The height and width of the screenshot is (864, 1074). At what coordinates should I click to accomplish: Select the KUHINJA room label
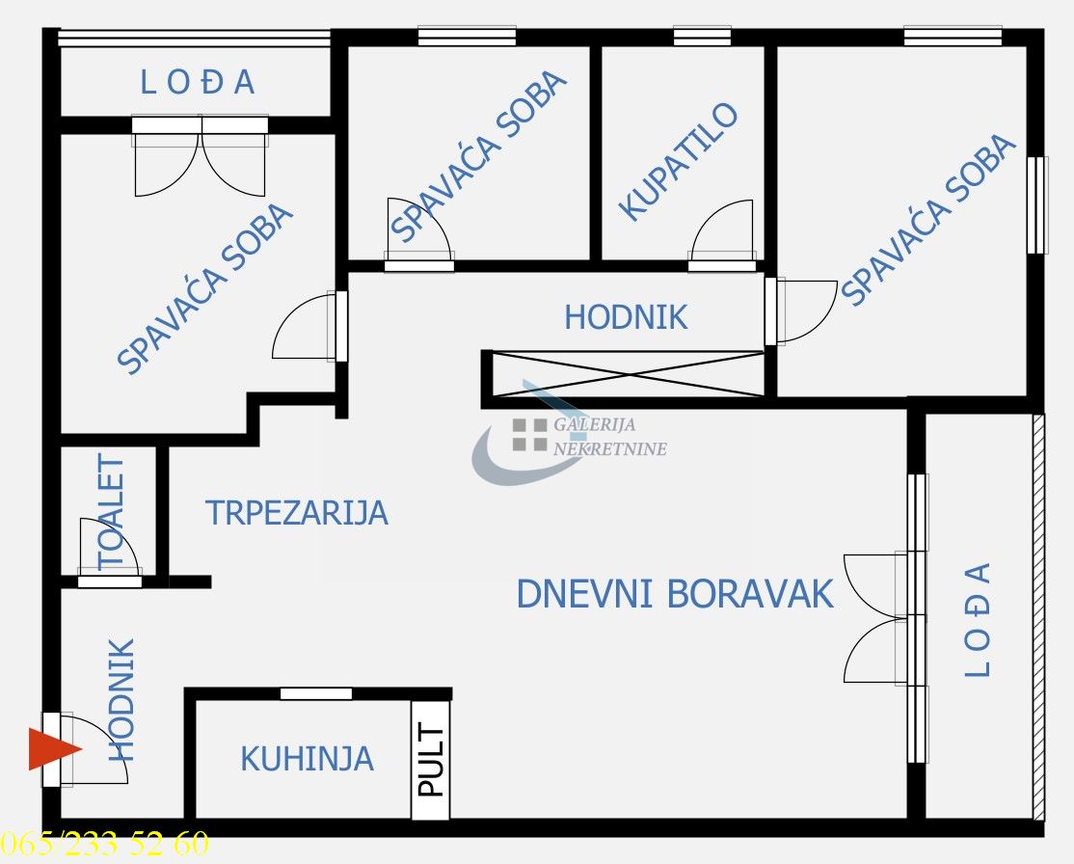tap(307, 759)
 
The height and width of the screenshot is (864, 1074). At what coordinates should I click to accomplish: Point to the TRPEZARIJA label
tap(296, 513)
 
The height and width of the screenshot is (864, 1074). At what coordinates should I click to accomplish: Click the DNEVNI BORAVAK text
tap(674, 594)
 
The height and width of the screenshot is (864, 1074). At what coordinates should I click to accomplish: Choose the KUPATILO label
tap(678, 162)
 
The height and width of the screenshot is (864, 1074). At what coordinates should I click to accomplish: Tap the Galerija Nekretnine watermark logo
tap(569, 436)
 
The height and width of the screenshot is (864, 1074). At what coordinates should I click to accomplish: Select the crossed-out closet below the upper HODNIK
tap(628, 374)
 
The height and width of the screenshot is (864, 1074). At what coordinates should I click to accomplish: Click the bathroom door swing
tap(720, 231)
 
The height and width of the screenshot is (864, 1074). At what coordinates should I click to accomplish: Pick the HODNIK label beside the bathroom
tap(626, 317)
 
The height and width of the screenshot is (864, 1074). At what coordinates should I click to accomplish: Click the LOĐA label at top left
tap(198, 83)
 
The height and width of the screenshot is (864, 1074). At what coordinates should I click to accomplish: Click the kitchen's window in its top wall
tap(315, 693)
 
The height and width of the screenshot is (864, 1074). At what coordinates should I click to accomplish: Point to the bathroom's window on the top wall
tap(702, 37)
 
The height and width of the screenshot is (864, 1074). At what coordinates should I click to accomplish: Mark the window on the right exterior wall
tap(1036, 204)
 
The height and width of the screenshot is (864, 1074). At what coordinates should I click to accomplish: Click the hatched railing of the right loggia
tap(1038, 617)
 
